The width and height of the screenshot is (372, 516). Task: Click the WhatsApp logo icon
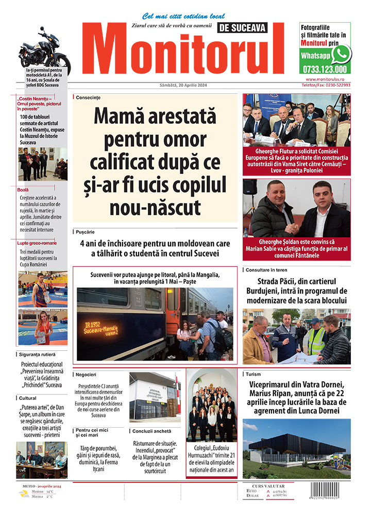341,54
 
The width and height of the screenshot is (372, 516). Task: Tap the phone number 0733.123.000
326,69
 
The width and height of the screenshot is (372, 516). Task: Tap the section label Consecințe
88,98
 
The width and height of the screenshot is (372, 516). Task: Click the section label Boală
23,190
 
